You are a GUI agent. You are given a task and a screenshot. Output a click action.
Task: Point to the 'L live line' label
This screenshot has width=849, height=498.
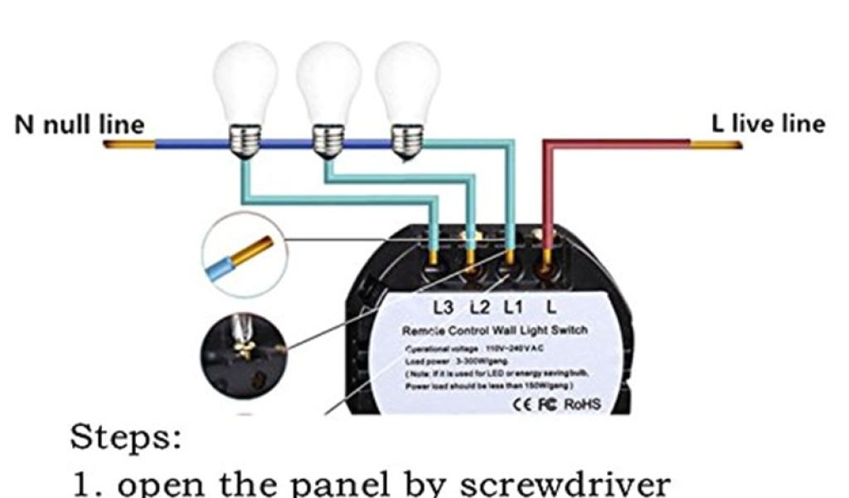pos(768,124)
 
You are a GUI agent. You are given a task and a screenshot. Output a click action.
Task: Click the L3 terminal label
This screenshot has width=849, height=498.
pos(444,308)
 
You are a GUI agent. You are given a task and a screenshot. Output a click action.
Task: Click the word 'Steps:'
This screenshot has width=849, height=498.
pos(125,437)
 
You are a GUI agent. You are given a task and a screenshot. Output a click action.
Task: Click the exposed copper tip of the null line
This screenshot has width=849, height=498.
pos(129,144)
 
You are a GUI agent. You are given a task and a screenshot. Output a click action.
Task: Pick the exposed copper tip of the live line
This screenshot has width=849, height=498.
pos(716,144)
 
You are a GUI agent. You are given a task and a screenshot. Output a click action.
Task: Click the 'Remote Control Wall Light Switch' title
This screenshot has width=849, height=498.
pos(495,330)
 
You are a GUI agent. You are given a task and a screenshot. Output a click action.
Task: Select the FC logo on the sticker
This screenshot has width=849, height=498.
pos(549,404)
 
